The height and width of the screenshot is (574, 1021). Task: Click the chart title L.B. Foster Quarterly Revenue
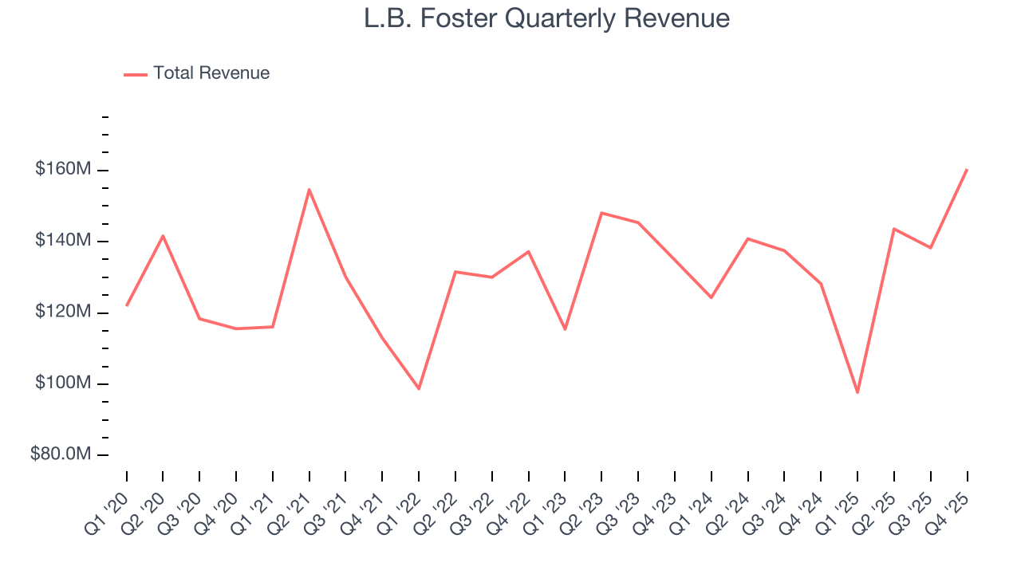(546, 18)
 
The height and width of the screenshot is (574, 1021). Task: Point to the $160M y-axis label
(62, 170)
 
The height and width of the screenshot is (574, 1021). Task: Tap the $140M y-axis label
(62, 241)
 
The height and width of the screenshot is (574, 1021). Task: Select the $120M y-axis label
(62, 312)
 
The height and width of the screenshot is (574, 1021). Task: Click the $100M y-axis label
(62, 383)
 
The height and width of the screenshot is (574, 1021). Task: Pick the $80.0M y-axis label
(60, 454)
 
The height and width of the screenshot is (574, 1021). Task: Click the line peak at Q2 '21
(309, 190)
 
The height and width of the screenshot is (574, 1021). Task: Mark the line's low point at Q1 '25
(857, 392)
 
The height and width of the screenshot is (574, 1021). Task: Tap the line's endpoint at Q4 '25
(967, 169)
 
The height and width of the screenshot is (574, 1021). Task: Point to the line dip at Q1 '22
(419, 388)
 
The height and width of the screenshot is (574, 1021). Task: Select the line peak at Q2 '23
(601, 213)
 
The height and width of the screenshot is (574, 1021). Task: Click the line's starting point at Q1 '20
(127, 305)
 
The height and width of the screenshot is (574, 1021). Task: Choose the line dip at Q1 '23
(565, 329)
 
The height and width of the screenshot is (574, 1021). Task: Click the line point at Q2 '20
(163, 236)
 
